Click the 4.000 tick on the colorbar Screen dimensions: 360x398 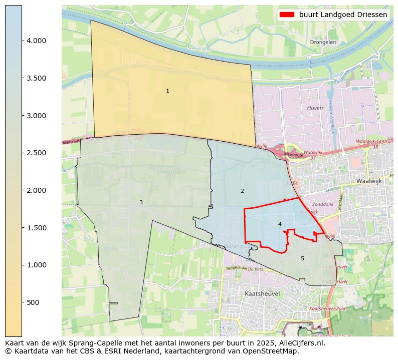tap(36, 41)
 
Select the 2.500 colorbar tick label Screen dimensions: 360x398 tap(36, 153)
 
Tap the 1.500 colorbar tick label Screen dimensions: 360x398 tap(36, 228)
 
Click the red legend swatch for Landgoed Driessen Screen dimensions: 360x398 tap(288, 15)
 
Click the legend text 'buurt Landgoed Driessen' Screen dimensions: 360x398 tap(343, 15)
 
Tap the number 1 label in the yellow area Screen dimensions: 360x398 tap(167, 91)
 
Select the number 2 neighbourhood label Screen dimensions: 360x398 tap(242, 191)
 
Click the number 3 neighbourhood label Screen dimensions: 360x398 tap(141, 202)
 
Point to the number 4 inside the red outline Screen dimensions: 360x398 tap(280, 224)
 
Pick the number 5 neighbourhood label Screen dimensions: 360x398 tap(302, 258)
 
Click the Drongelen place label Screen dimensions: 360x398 tap(323, 43)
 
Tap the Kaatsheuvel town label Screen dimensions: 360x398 tap(262, 293)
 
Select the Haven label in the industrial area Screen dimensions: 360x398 tap(315, 108)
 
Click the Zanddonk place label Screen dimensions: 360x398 tap(322, 205)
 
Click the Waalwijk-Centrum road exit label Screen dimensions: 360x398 tap(373, 142)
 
